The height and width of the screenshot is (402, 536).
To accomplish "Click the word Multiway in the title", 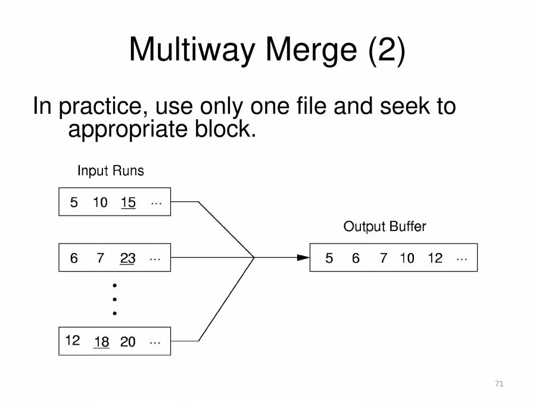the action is point(192,50).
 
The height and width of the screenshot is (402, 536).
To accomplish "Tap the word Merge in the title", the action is point(311,50).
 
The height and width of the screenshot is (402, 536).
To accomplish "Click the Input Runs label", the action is point(110,170).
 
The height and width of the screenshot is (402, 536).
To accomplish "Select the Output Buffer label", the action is point(385,226).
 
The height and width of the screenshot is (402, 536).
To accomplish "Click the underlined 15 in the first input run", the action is point(128,202).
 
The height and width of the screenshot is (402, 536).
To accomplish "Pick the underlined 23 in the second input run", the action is point(127,258).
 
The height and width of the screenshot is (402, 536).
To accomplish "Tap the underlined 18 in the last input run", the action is point(101,342).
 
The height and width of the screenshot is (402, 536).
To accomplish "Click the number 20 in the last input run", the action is point(127,342).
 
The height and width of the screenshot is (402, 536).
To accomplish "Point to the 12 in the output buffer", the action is point(435,258).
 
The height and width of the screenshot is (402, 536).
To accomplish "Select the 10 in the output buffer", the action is point(407,258).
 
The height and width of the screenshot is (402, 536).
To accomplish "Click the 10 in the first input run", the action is point(100,202).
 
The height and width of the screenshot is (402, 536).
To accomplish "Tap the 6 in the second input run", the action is point(74,258).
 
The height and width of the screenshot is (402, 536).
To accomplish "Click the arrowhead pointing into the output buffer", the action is point(303,257).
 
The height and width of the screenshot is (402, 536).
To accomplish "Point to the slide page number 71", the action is point(499,384).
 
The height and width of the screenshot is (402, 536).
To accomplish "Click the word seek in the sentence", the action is point(405,106).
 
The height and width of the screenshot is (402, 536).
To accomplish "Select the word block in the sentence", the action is point(225,129).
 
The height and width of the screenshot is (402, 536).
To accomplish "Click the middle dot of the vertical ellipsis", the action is point(114,300).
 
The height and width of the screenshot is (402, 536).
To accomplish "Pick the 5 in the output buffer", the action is point(329,258).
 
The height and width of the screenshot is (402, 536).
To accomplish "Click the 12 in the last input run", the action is point(73,341).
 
